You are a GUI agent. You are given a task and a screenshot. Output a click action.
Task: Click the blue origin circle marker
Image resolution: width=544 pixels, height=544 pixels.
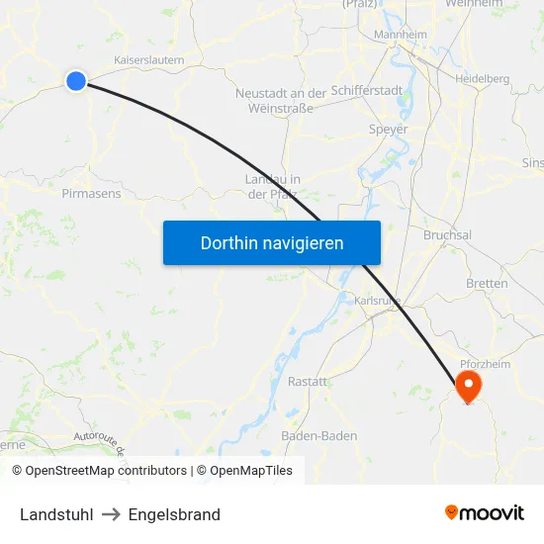coord(76,81)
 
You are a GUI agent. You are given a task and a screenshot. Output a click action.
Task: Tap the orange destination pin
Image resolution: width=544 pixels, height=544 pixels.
coord(467,387)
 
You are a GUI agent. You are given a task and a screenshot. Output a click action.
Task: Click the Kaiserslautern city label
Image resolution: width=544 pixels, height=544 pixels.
coord(150,59)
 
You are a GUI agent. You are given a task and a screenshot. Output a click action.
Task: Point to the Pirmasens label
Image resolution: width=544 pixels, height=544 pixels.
coord(91,194)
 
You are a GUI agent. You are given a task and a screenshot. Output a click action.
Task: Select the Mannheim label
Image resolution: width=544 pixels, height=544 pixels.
coord(400,36)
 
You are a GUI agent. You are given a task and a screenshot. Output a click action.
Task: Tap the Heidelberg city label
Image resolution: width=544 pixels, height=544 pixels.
coord(482,78)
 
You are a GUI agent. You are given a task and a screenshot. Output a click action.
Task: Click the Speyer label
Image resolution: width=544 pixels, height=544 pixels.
coord(387,129)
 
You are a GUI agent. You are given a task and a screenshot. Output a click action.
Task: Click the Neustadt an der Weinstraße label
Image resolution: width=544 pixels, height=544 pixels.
coord(281,100)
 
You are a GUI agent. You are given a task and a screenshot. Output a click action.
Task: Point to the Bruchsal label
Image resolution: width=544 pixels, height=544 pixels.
coord(447,235)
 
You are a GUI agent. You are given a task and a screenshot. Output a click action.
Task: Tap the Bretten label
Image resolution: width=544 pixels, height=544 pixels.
coord(487,283)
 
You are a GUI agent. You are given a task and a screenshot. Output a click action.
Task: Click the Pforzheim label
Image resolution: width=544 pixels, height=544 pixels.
coord(486,363)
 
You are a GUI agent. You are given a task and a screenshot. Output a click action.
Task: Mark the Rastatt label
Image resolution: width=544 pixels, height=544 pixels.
coord(308,382)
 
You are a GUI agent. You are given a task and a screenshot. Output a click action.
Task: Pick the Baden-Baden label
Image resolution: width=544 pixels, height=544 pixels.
coord(319,435)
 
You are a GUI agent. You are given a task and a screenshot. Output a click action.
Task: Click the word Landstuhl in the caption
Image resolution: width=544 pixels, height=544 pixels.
coord(56,514)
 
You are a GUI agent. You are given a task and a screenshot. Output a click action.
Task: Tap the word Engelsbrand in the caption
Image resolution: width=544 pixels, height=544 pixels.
coord(174,514)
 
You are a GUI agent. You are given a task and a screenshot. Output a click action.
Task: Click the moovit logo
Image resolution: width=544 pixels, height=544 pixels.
coord(485,512)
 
